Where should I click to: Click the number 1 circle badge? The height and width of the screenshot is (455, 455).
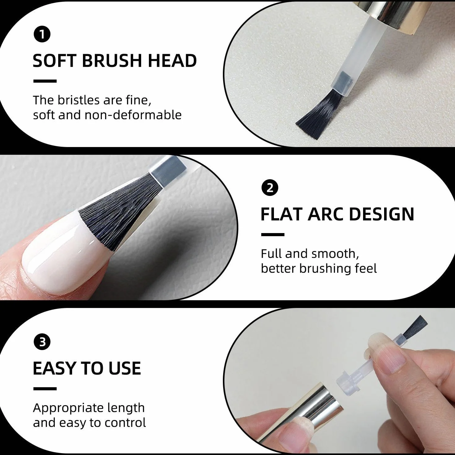pyautogui.click(x=42, y=34)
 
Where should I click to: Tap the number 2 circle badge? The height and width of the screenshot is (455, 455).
pyautogui.click(x=270, y=188)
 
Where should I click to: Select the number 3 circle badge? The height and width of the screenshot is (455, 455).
pyautogui.click(x=42, y=342)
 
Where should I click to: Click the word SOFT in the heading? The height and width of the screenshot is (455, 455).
pyautogui.click(x=54, y=61)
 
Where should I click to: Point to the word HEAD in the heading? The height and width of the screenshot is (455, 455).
pyautogui.click(x=172, y=61)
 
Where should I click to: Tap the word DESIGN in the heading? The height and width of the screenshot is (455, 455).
pyautogui.click(x=381, y=214)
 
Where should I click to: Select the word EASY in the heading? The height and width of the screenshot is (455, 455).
pyautogui.click(x=54, y=368)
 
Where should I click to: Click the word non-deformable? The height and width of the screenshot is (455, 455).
pyautogui.click(x=133, y=115)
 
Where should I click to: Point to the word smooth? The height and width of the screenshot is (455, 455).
pyautogui.click(x=335, y=253)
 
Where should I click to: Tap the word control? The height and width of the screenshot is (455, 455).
pyautogui.click(x=125, y=422)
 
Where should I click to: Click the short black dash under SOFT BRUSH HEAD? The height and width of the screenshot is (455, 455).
pyautogui.click(x=45, y=81)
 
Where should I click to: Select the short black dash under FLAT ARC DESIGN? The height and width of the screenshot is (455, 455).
pyautogui.click(x=273, y=235)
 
